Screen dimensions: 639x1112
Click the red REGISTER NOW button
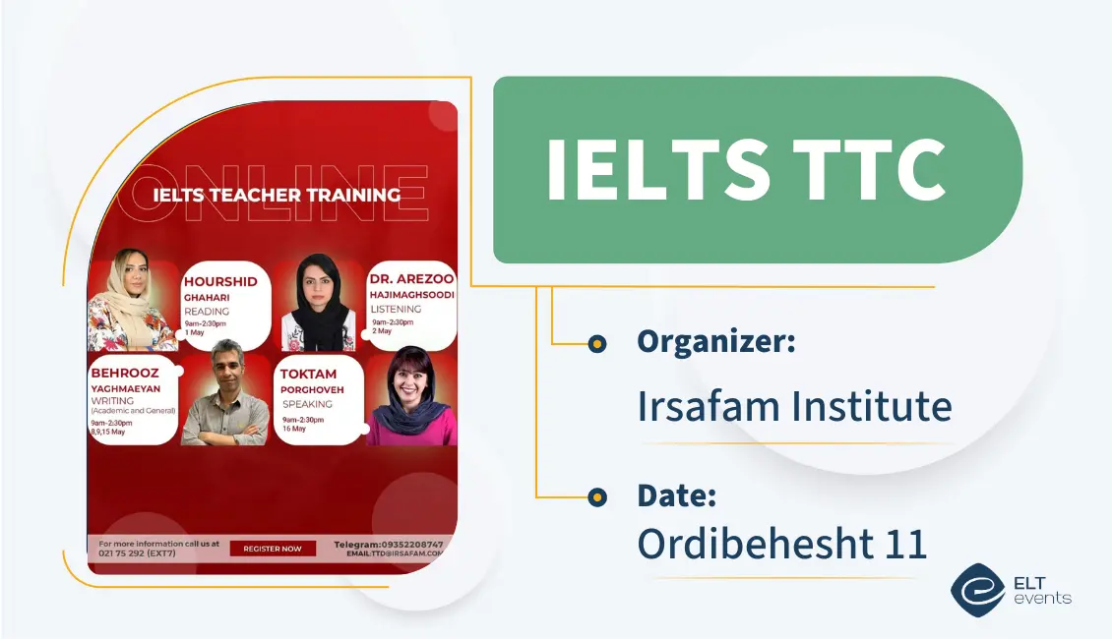click(273, 549)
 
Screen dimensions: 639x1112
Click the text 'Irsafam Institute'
click(794, 405)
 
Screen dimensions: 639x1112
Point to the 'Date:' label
click(676, 495)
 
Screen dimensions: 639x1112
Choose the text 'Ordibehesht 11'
click(781, 544)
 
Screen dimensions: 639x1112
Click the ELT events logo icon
click(976, 590)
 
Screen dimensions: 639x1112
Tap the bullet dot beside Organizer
click(596, 343)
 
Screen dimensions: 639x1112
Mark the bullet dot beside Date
click(596, 497)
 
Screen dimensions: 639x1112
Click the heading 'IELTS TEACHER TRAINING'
click(277, 195)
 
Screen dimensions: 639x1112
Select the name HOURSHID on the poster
click(220, 281)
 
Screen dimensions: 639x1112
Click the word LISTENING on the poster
click(396, 309)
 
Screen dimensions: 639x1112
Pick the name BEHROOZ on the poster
click(124, 374)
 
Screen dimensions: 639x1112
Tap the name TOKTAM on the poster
click(308, 375)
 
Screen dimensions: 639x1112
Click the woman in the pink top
click(410, 397)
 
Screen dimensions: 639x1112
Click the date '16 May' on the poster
click(293, 429)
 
